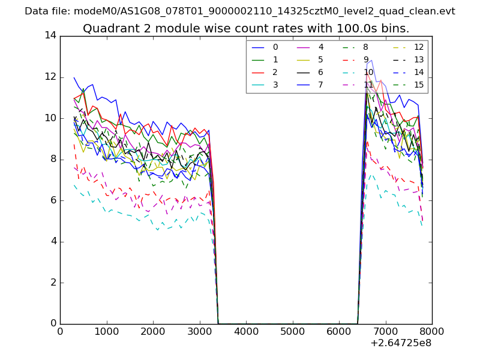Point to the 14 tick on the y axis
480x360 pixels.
pos(50,35)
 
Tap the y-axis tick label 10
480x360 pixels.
pos(50,118)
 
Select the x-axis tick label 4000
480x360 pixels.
pos(246,331)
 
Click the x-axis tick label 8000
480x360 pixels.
pos(432,331)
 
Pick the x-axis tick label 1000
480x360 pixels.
pos(106,331)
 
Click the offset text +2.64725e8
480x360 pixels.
pos(400,344)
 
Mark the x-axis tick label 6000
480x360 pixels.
pos(339,331)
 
